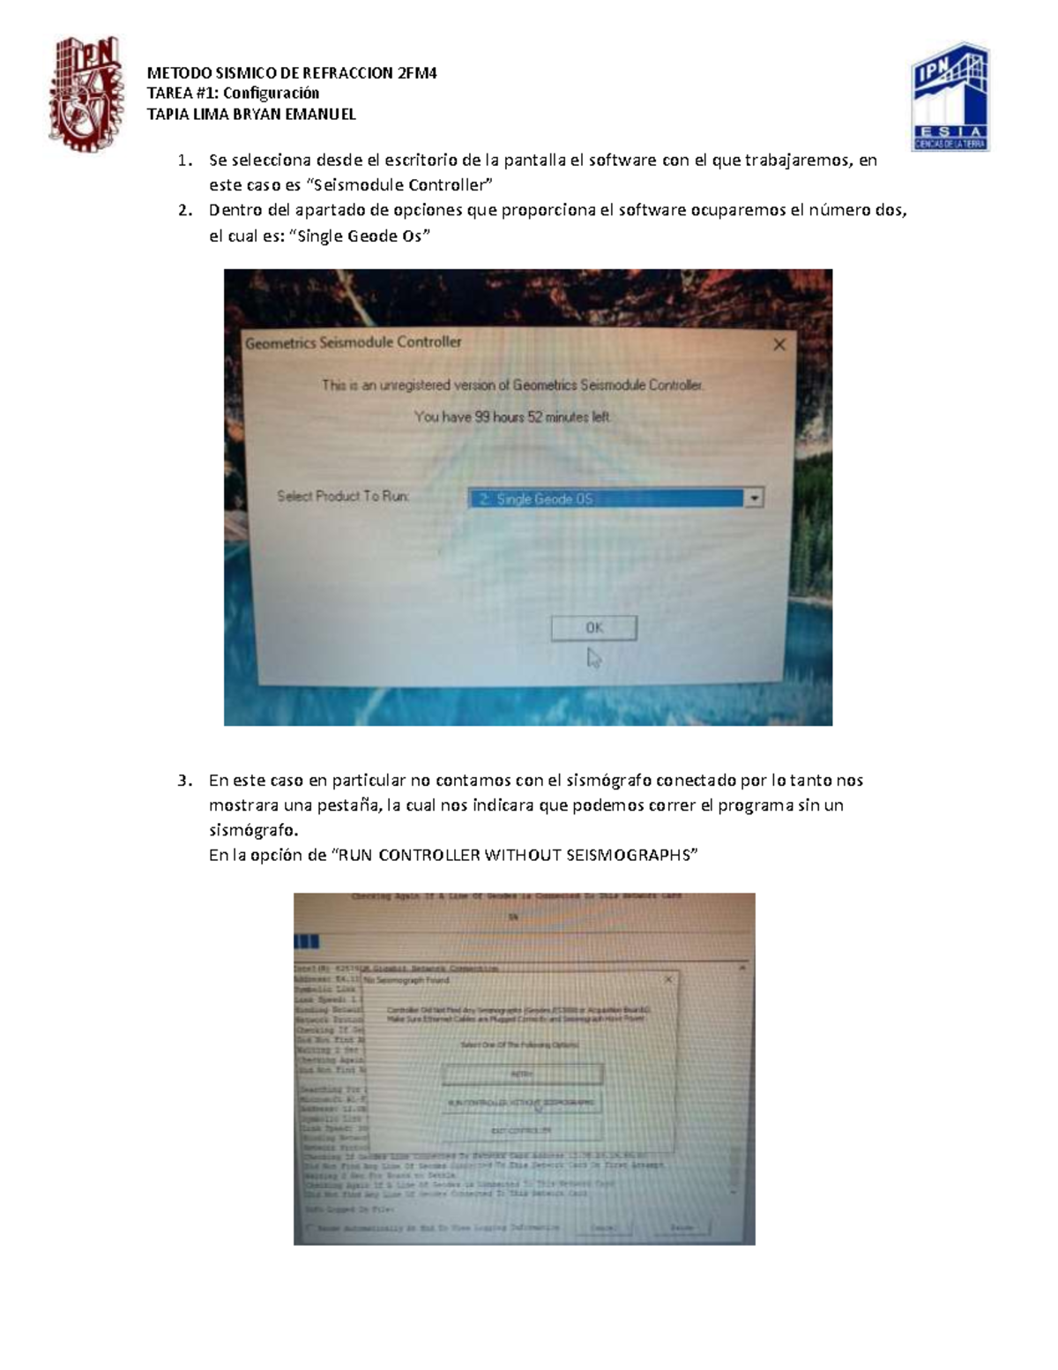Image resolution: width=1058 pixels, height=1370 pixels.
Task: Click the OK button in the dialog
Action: click(593, 627)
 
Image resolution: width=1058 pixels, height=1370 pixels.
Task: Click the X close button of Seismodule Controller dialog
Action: click(779, 345)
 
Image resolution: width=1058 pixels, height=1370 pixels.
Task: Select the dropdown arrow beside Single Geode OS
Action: click(754, 498)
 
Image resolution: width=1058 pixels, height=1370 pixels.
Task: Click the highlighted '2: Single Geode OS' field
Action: click(606, 498)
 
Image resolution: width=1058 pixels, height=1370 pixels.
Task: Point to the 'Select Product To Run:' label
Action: click(343, 496)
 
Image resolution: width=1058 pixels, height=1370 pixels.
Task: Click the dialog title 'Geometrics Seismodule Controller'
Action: click(353, 342)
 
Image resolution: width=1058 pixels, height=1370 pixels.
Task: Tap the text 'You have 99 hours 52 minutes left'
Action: click(512, 416)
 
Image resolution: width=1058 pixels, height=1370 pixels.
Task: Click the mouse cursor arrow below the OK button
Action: click(594, 658)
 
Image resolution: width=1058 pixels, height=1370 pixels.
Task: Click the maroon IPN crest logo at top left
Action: click(85, 94)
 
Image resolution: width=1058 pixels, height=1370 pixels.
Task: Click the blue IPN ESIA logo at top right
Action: click(950, 97)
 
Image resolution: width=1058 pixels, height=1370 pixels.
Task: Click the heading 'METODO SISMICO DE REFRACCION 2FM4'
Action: click(292, 73)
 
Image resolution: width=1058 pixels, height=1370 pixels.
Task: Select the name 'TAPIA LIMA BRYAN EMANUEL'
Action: click(251, 114)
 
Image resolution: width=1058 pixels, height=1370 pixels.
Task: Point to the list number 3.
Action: click(183, 780)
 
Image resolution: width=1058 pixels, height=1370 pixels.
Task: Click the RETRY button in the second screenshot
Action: click(522, 1074)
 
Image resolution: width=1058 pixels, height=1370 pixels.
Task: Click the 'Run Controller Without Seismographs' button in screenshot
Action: click(522, 1103)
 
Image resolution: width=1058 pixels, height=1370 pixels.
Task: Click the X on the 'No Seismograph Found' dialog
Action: click(668, 979)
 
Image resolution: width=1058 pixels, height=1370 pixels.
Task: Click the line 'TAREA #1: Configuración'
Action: click(233, 94)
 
